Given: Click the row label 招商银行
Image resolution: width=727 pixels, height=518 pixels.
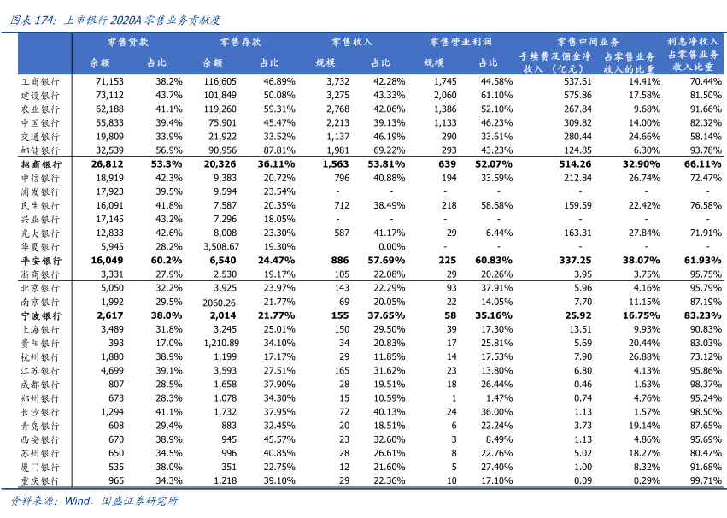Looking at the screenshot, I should point(40,164).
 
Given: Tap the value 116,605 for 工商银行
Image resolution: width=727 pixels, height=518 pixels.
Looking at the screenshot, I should point(220,81).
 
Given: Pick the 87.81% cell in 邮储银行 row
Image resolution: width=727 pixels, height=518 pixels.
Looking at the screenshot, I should point(279,150).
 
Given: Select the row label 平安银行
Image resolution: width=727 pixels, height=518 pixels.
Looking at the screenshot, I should point(40,261).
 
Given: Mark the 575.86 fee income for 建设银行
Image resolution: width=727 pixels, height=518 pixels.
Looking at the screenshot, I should point(577,95).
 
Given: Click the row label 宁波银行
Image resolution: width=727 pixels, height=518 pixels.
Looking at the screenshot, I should point(40,315).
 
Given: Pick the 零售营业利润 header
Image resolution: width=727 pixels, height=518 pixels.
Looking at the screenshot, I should point(460,42).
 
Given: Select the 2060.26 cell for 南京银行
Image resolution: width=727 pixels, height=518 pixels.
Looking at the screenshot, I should point(219,302).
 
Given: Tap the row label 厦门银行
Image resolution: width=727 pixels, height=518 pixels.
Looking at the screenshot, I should point(40,468).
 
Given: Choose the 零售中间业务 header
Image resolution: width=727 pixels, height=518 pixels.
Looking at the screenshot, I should point(589,42).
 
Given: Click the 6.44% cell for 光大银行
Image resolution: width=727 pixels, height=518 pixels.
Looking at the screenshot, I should point(498,233).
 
